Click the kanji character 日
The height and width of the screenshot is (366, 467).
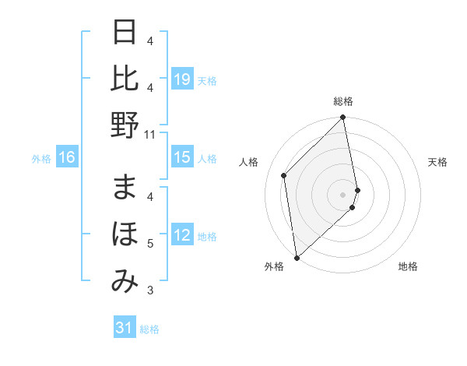coord(125,33)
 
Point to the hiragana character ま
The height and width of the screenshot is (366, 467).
coord(125,188)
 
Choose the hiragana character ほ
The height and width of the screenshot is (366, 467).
coord(125,234)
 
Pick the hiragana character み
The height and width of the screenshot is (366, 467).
coord(125,280)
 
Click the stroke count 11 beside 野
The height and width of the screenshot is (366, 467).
coord(150,134)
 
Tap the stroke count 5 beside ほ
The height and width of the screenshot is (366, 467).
coord(150,244)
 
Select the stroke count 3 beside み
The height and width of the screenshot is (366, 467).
coord(150,290)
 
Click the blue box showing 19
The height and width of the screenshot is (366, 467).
coord(182,79)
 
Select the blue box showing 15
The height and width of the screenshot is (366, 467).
coord(182,158)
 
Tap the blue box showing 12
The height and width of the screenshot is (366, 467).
coord(182,236)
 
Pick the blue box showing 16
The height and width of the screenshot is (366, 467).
coord(67,158)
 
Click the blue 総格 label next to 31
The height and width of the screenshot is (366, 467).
coord(149,329)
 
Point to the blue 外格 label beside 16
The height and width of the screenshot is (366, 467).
coord(41,159)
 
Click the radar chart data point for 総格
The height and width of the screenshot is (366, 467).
coord(343,118)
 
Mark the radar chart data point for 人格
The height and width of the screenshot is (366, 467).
coord(284,175)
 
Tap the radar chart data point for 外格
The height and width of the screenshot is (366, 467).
coord(297,257)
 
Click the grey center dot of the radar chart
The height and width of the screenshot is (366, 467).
coord(343,194)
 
